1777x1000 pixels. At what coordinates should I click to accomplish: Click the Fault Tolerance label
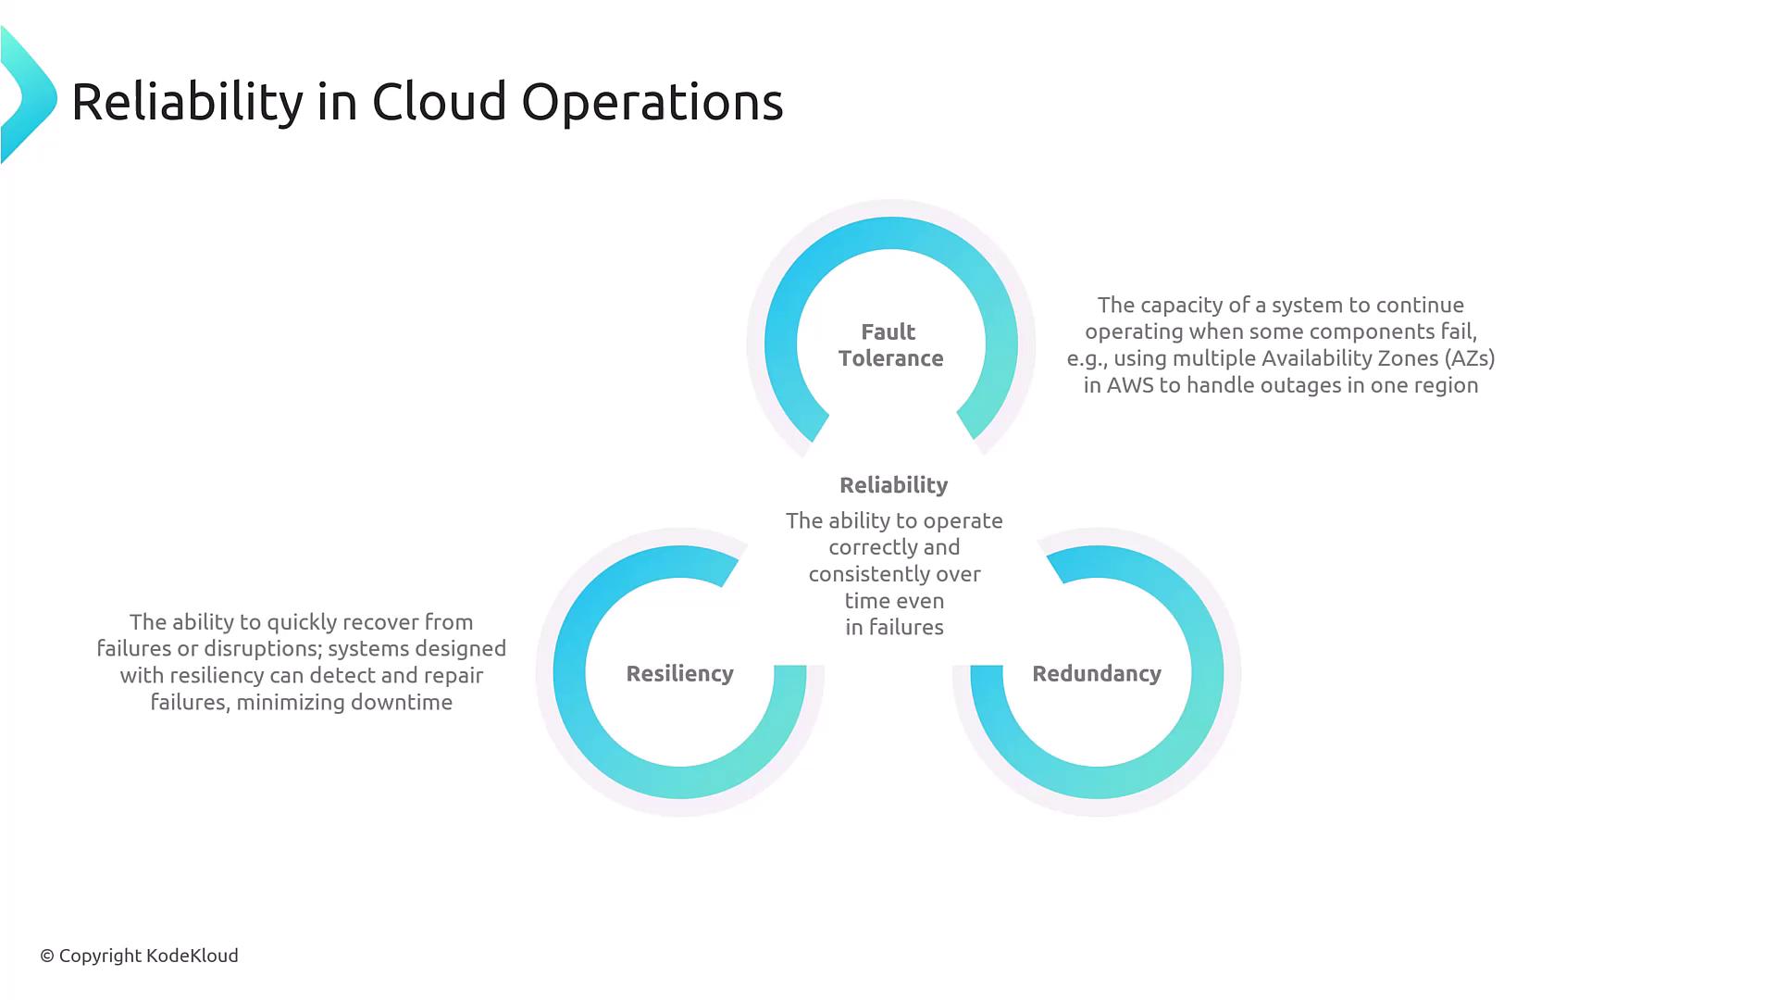coord(890,344)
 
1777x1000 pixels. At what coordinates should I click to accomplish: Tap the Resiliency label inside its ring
coord(680,673)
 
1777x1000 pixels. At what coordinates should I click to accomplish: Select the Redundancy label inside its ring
coord(1097,673)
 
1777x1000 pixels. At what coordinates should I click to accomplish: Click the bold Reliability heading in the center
coord(894,485)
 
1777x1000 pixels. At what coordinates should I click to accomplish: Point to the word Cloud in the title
coord(440,101)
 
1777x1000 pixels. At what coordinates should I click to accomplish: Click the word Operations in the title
coord(652,102)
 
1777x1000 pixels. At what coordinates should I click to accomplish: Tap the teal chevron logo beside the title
coord(29,95)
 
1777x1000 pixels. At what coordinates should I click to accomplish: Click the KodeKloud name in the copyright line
coord(193,956)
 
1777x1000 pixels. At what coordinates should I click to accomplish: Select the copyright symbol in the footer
coord(47,956)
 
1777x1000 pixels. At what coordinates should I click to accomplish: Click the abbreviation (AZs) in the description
coord(1470,358)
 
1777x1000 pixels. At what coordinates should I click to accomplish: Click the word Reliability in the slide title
coord(187,102)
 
